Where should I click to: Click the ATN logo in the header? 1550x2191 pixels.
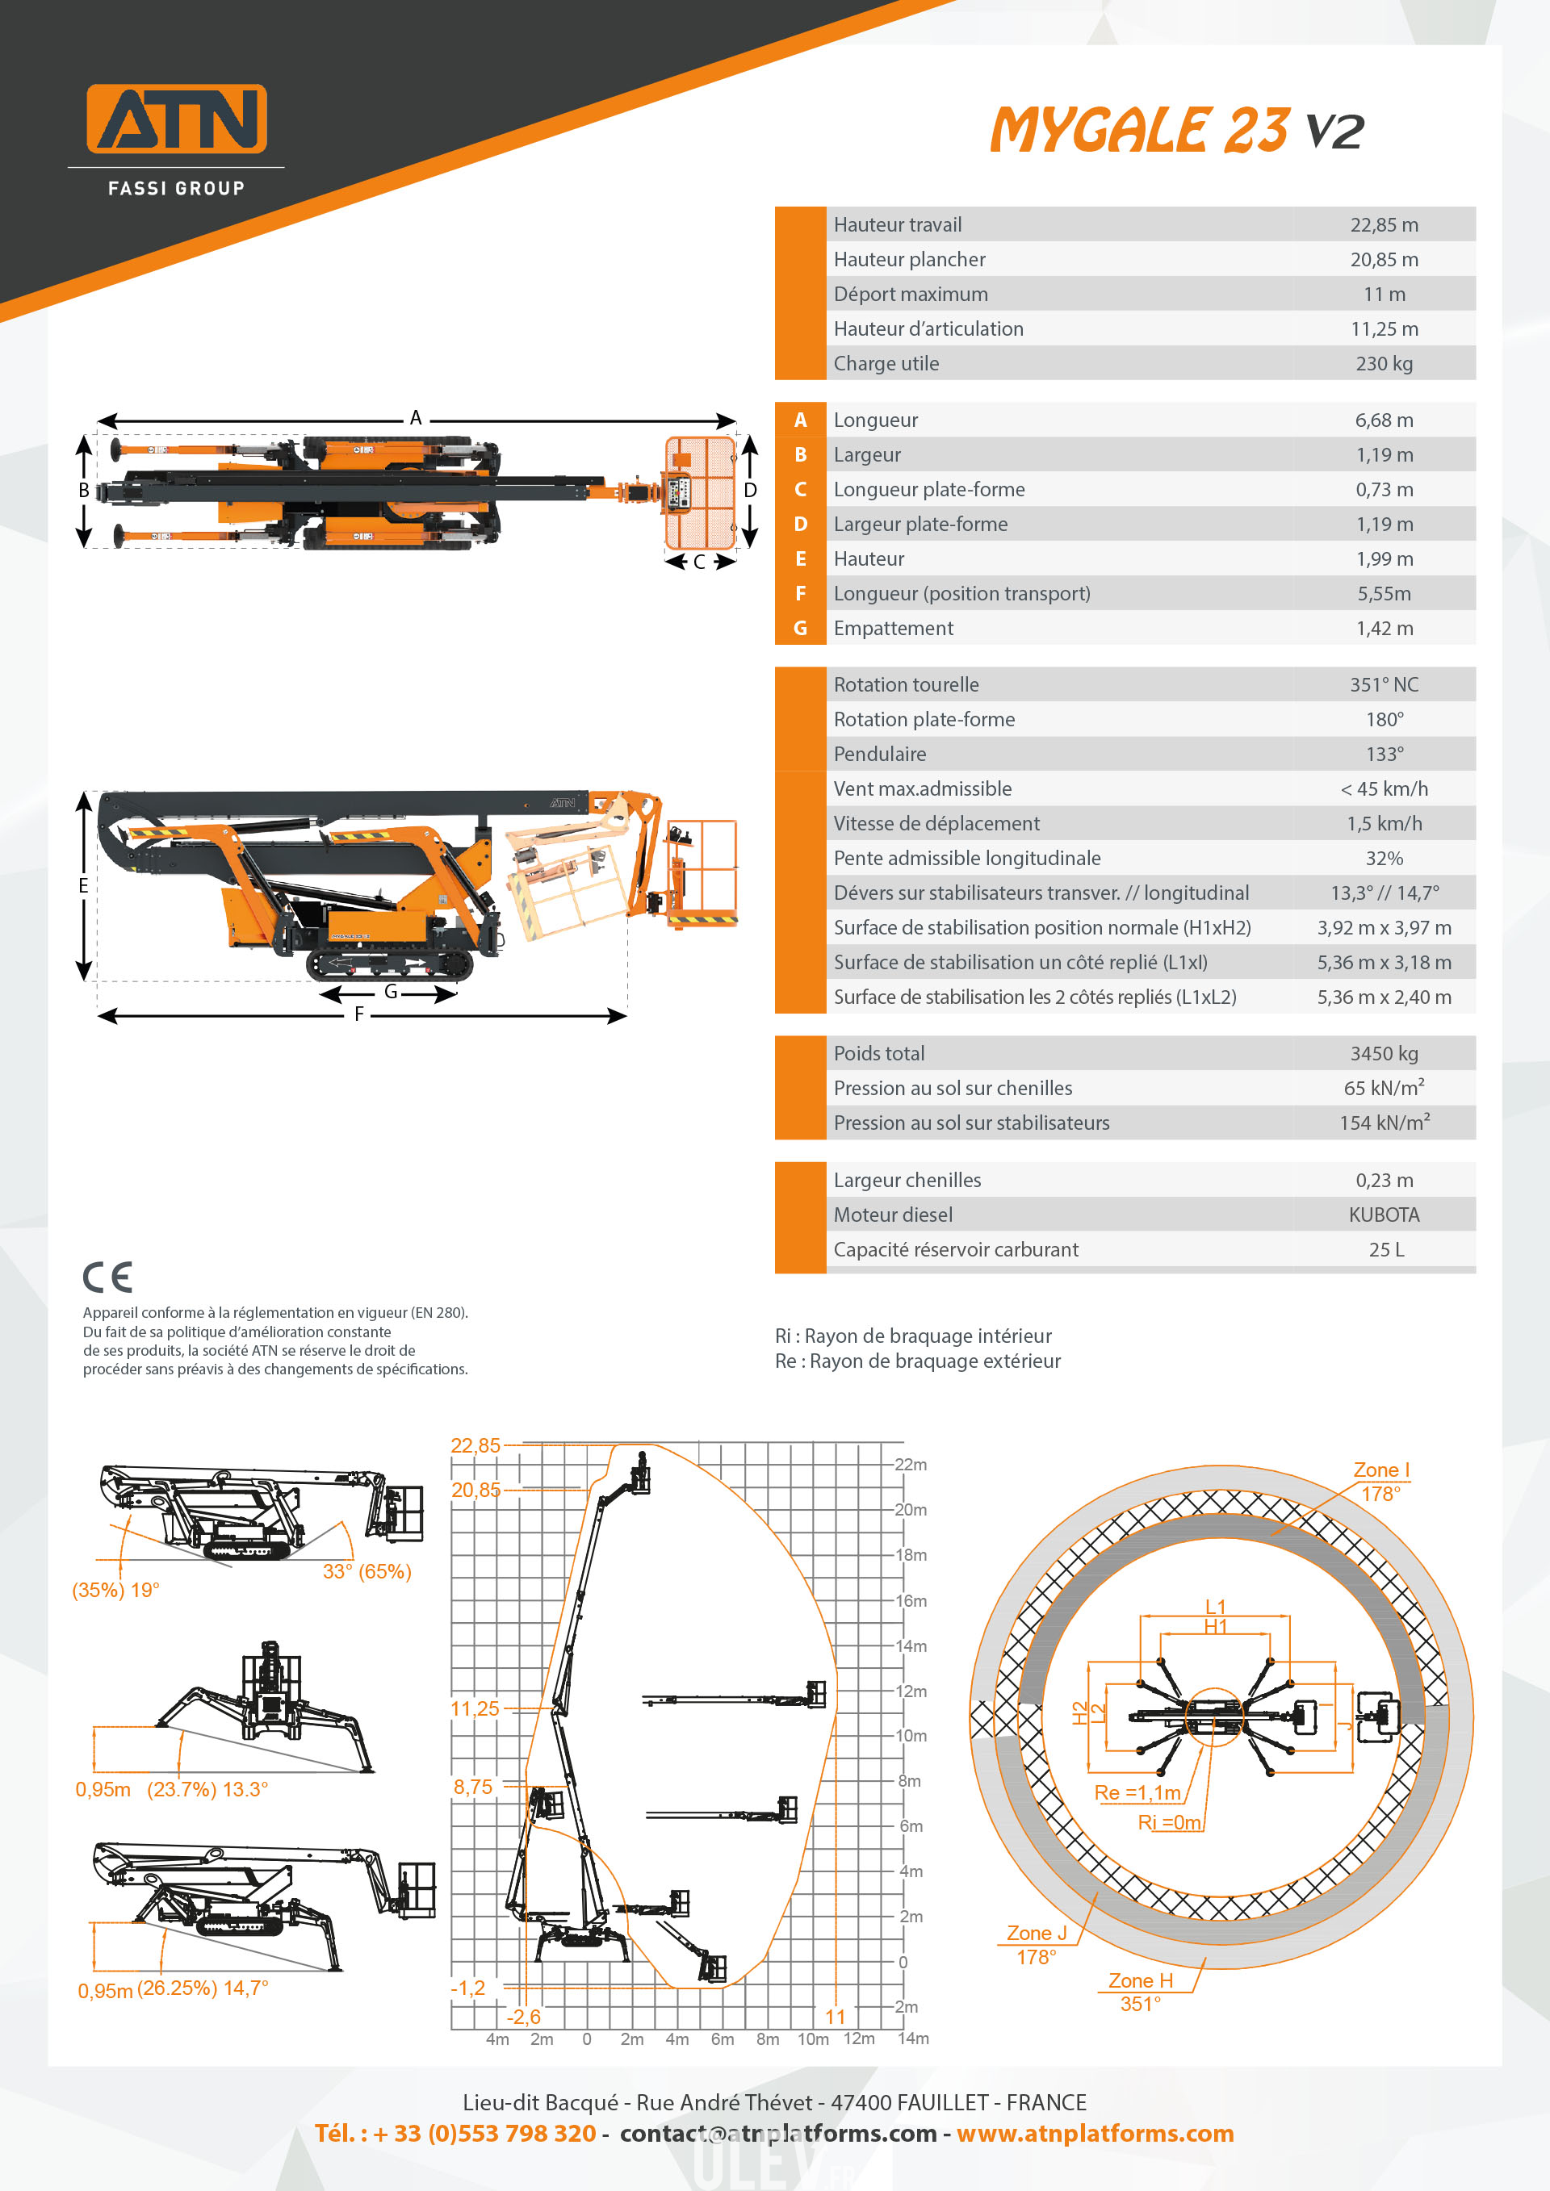[177, 119]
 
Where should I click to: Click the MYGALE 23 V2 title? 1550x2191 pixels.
[1176, 130]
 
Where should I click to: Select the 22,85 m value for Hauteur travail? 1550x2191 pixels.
[1383, 225]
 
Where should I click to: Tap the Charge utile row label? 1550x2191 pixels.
[886, 364]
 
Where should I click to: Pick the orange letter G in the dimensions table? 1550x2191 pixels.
[800, 628]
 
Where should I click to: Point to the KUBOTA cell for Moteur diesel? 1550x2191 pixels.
[1383, 1215]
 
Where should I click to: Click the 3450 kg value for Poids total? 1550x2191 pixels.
[1383, 1053]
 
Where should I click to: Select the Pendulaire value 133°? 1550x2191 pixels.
[1384, 754]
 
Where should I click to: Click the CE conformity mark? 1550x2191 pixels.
[107, 1277]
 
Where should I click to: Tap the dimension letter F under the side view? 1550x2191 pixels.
[359, 1014]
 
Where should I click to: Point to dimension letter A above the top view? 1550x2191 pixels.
[415, 418]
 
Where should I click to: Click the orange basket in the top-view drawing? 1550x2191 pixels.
[701, 492]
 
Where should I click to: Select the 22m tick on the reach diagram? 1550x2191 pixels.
[911, 1465]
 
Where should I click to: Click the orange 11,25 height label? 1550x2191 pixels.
[475, 1708]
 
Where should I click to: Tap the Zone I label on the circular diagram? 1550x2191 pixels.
[1380, 1470]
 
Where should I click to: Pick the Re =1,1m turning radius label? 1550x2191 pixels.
[1137, 1793]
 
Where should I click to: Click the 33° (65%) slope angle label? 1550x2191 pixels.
[367, 1572]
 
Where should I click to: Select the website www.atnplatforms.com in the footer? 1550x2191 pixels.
[1095, 2133]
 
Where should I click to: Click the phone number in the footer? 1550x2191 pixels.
[455, 2133]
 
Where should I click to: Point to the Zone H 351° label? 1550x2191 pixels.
[1141, 1992]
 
